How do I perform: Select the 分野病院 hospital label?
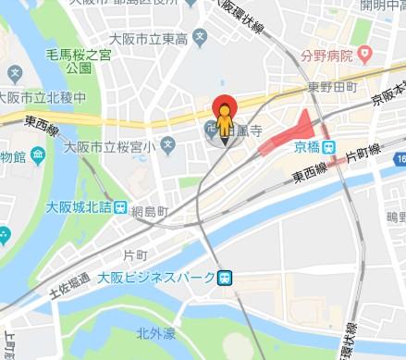click(326, 56)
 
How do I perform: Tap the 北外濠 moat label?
click(154, 331)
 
